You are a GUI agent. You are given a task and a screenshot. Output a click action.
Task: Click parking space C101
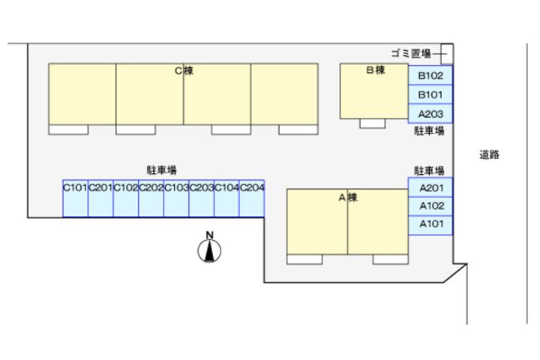click(76, 199)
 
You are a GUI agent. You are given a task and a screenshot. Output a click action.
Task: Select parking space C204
click(252, 199)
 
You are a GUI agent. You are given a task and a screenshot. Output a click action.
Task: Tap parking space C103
click(176, 199)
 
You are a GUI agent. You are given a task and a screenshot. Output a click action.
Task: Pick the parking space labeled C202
click(151, 199)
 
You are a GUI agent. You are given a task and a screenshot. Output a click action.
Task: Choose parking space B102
click(430, 75)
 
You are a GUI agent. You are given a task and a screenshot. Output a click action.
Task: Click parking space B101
click(430, 94)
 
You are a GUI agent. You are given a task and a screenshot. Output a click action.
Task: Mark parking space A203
click(430, 114)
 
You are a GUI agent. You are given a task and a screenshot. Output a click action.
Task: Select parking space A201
click(430, 187)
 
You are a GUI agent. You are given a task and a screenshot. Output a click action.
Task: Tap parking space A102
click(430, 206)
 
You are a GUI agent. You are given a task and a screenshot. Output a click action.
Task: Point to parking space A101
click(430, 225)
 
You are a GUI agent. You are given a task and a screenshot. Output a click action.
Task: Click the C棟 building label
click(184, 70)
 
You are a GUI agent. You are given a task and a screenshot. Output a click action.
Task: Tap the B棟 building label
click(376, 70)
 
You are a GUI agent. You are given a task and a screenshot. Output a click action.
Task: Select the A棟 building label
click(348, 197)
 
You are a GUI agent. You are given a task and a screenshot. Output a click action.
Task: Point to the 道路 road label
click(489, 154)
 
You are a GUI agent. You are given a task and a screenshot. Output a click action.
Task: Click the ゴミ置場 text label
click(411, 53)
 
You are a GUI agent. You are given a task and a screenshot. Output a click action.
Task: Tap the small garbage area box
click(447, 54)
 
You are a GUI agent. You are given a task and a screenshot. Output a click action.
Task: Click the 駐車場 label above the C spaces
click(161, 169)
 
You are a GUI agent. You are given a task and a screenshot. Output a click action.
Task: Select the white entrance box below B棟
click(372, 123)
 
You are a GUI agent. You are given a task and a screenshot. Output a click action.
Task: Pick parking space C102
click(126, 199)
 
